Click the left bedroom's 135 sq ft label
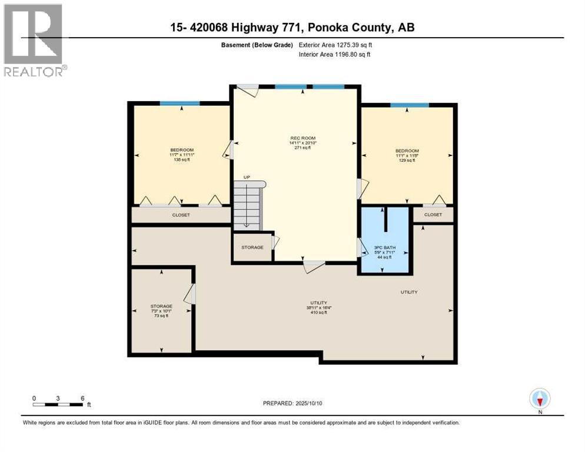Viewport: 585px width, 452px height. (181, 159)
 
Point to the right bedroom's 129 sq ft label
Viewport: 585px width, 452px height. (407, 160)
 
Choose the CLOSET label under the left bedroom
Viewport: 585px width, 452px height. (181, 215)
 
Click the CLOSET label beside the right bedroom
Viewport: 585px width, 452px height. (433, 215)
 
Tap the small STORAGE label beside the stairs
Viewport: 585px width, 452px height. (252, 248)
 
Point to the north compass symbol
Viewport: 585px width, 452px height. (539, 399)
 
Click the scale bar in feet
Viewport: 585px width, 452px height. (58, 404)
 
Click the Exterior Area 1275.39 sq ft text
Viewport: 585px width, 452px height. (334, 45)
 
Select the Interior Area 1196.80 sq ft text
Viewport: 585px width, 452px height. (334, 55)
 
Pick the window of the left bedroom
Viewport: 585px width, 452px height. (180, 104)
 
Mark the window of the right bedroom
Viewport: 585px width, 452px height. (409, 105)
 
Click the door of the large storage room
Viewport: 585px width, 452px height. (190, 294)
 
